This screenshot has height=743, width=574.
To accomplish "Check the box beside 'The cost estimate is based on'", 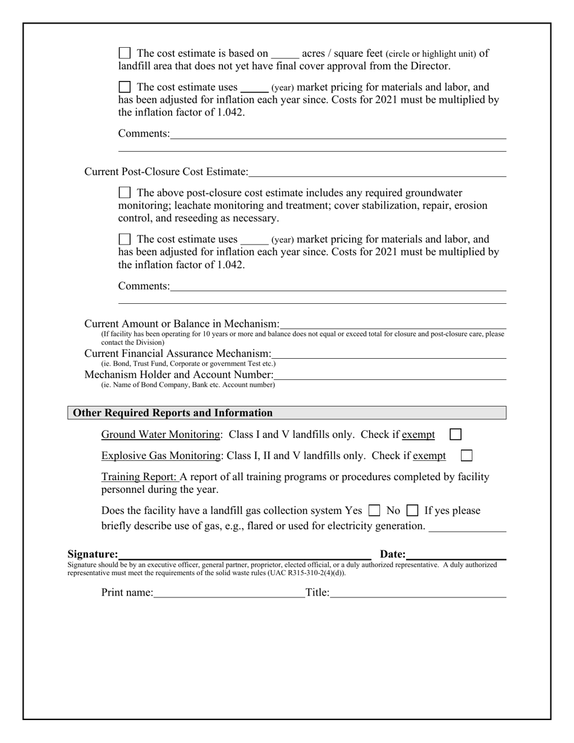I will [x=124, y=53].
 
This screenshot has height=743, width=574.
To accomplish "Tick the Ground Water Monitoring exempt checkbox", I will [x=456, y=434].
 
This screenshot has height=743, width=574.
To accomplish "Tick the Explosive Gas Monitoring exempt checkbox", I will [x=466, y=455].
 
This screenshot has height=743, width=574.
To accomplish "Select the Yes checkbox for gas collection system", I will [x=374, y=510].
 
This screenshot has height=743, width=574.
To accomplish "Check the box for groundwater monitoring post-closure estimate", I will [x=124, y=193].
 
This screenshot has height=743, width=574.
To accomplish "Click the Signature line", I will [x=245, y=554].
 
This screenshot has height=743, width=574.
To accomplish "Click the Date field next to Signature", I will [x=456, y=554].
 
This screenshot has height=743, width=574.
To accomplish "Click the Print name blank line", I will [x=229, y=593].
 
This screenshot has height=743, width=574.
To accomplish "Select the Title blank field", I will [x=418, y=593].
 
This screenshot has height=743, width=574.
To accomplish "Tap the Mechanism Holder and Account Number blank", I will [x=390, y=375].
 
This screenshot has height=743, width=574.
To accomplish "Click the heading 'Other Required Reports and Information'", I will [x=173, y=413].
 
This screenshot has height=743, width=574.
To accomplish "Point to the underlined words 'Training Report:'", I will [x=140, y=477].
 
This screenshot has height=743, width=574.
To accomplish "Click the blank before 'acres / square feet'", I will [x=285, y=54].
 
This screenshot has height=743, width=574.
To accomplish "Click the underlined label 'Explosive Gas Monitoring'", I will [x=161, y=456].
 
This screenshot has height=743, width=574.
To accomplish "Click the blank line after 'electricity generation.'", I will [x=467, y=527].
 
